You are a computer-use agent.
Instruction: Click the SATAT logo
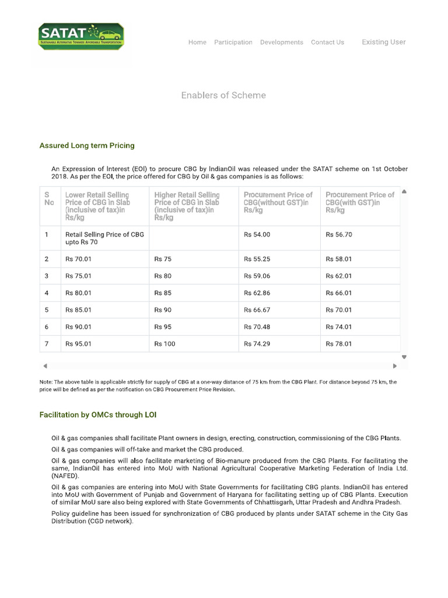coord(81,36)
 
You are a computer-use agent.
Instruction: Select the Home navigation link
coord(197,42)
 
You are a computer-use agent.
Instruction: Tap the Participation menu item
coord(233,42)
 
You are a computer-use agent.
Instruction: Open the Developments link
coord(281,42)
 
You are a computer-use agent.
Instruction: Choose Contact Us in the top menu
coord(327,42)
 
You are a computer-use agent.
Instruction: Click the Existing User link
coord(383,42)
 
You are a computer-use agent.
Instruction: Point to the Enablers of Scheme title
coord(223,95)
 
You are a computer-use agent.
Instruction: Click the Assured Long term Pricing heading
coord(87,145)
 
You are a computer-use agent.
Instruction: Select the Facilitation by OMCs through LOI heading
coord(97,415)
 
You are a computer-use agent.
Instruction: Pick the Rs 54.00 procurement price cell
coord(257,235)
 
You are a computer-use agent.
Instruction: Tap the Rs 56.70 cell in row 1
coord(339,235)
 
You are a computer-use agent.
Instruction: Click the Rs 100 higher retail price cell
coord(164,344)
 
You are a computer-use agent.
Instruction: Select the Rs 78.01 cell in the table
coord(339,344)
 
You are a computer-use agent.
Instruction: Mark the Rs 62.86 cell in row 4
coord(257,293)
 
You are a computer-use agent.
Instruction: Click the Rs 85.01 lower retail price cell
coord(79,310)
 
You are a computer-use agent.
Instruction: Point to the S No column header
coord(50,199)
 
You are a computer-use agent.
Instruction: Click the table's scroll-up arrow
coord(404,192)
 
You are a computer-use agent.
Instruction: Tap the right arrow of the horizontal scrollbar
coord(395,366)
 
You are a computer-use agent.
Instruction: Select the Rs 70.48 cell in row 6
coord(257,327)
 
